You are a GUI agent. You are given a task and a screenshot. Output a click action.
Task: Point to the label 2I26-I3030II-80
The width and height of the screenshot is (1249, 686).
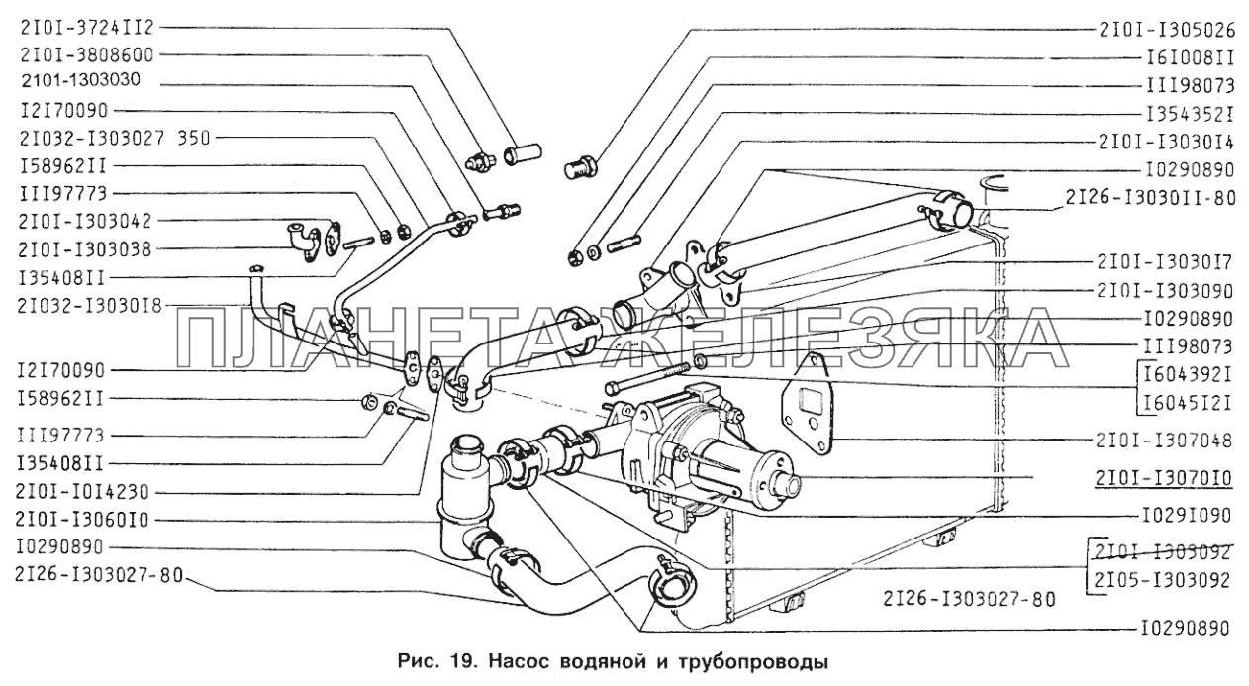pyautogui.click(x=1151, y=197)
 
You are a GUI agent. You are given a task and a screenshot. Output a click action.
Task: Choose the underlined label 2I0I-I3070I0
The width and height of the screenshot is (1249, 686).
pyautogui.click(x=1163, y=480)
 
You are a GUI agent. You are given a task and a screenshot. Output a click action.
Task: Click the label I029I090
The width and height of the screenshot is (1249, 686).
pyautogui.click(x=1183, y=516)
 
